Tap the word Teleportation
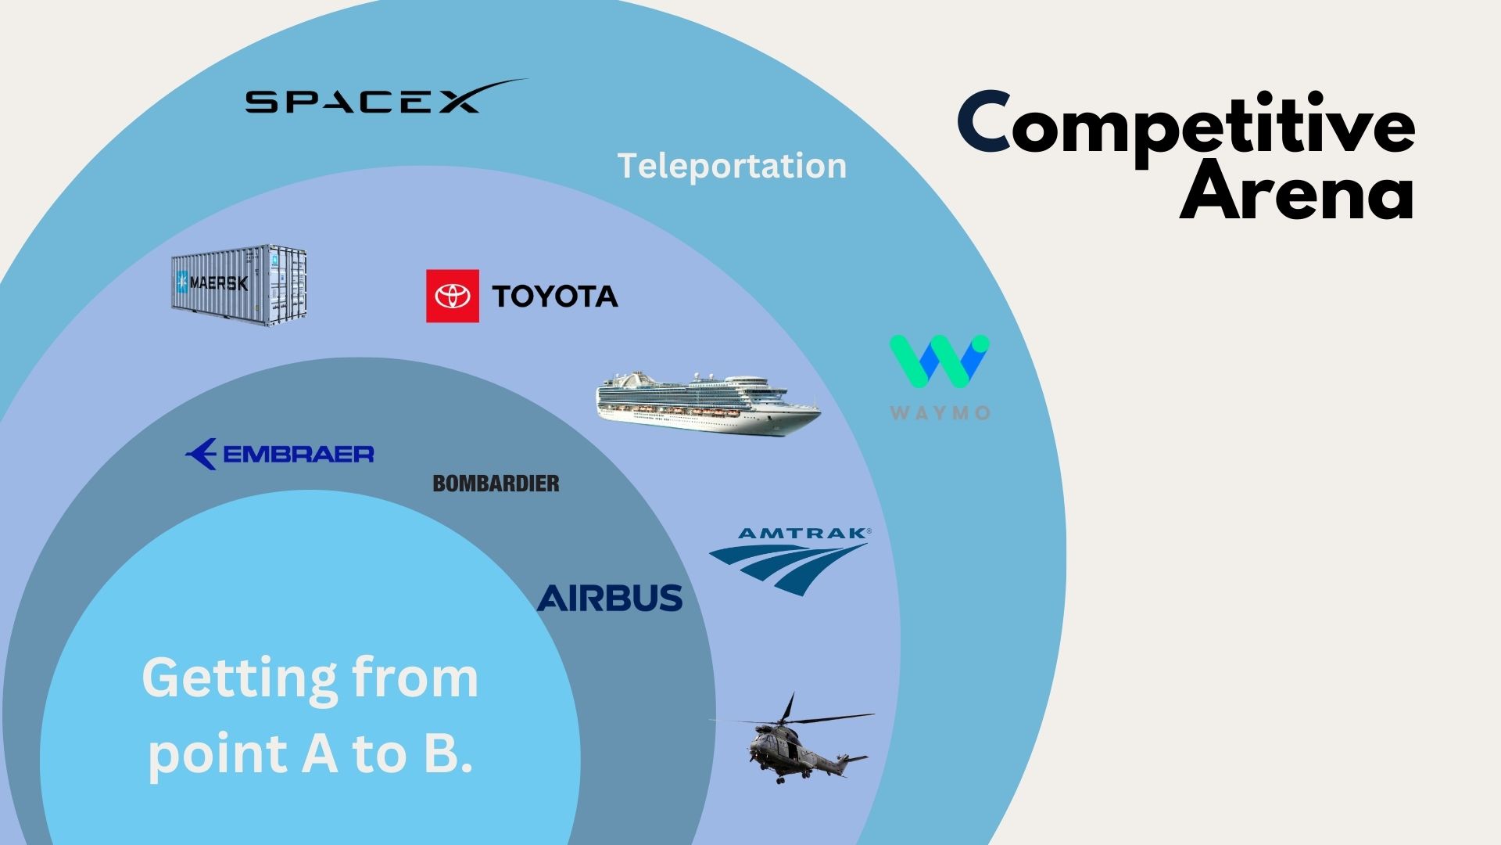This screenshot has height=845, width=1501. (x=732, y=166)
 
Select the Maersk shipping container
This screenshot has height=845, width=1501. (x=239, y=285)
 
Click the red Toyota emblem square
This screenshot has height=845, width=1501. (x=452, y=296)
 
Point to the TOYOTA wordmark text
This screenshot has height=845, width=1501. (x=554, y=297)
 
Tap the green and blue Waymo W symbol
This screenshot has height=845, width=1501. (x=939, y=361)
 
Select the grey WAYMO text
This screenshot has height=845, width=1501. (x=940, y=412)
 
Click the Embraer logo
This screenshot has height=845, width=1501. (x=280, y=454)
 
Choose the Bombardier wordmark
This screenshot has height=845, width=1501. (x=496, y=484)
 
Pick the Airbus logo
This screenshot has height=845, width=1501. (x=609, y=598)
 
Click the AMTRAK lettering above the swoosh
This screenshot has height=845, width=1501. (x=801, y=534)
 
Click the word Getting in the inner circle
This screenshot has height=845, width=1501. (x=238, y=678)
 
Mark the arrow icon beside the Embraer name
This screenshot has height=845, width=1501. (x=202, y=454)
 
